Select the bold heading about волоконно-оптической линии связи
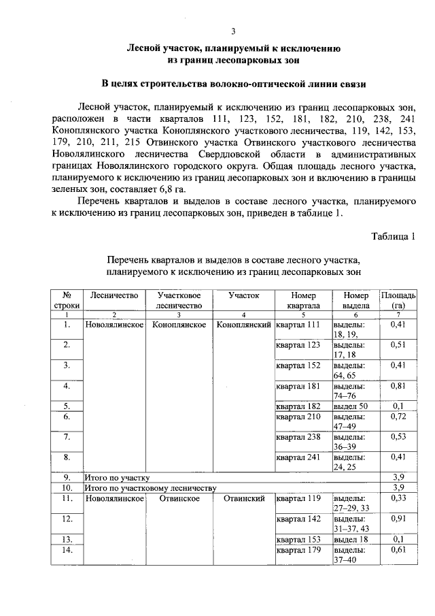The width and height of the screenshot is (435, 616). (234, 84)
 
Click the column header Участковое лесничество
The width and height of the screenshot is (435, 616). (178, 301)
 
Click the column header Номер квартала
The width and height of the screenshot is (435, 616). (303, 301)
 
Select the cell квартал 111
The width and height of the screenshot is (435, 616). (297, 325)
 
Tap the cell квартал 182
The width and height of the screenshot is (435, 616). (297, 406)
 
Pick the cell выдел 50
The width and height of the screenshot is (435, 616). (350, 406)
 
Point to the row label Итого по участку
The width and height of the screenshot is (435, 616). (116, 478)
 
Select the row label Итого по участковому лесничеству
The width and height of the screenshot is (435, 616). (149, 488)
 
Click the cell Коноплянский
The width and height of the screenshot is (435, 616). (243, 325)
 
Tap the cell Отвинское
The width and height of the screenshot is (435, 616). (179, 498)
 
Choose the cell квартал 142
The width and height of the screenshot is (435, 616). (297, 519)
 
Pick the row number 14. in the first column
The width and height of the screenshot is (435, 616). (67, 549)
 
